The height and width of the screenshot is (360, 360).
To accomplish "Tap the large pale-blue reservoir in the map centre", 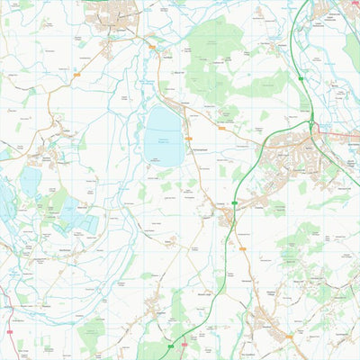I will click(x=162, y=126).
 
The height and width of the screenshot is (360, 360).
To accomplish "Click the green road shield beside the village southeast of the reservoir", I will click(x=234, y=204).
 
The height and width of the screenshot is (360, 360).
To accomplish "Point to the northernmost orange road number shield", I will click(x=151, y=47).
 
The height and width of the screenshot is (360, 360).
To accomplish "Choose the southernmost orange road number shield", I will click(x=289, y=337).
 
